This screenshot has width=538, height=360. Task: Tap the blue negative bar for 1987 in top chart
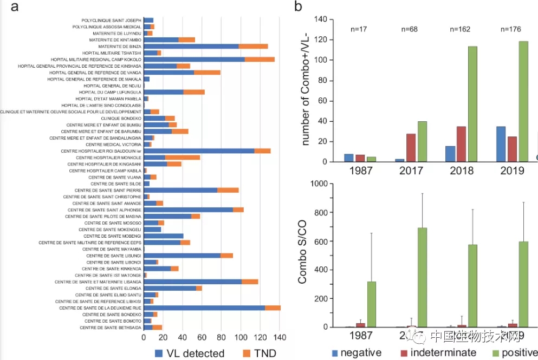click(x=348, y=158)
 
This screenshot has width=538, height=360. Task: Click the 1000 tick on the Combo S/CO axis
click(x=318, y=184)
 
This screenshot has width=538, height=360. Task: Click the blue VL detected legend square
click(x=159, y=353)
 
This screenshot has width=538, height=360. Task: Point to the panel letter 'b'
click(x=297, y=7)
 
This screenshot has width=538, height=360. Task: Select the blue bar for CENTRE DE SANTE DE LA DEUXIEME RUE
click(x=204, y=308)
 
